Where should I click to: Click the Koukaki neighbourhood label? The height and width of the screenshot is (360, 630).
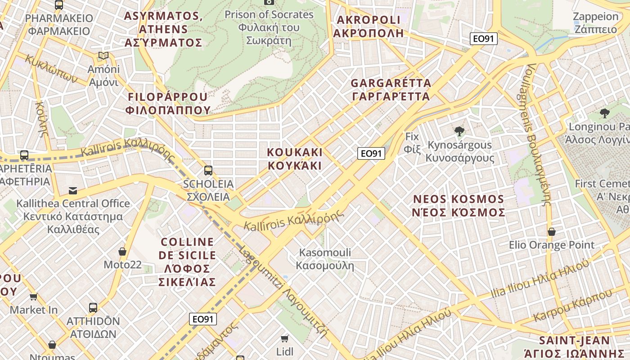pyautogui.click(x=295, y=158)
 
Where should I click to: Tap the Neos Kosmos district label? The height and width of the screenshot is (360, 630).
pyautogui.click(x=459, y=206)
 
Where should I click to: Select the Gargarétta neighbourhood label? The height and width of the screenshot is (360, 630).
pyautogui.click(x=391, y=90)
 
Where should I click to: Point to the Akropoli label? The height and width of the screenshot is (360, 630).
pyautogui.click(x=368, y=27)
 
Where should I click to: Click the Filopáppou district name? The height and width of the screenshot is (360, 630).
pyautogui.click(x=168, y=103)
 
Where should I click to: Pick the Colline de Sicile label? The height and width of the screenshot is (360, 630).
pyautogui.click(x=187, y=262)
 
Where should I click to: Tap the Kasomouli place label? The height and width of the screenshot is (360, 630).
pyautogui.click(x=325, y=259)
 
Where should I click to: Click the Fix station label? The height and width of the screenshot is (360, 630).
pyautogui.click(x=412, y=142)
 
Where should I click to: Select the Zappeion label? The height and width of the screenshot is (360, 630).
pyautogui.click(x=596, y=23)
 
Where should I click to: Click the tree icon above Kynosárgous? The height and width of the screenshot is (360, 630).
pyautogui.click(x=459, y=131)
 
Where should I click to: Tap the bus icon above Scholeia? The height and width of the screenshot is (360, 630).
pyautogui.click(x=208, y=170)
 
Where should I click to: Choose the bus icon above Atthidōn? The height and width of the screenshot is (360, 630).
pyautogui.click(x=93, y=308)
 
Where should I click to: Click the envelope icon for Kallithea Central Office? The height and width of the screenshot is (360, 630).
pyautogui.click(x=73, y=191)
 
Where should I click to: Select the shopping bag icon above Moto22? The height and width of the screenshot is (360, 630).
pyautogui.click(x=122, y=251)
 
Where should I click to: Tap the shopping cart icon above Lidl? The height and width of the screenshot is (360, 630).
pyautogui.click(x=284, y=338)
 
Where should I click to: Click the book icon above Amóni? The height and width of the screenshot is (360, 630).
pyautogui.click(x=103, y=56)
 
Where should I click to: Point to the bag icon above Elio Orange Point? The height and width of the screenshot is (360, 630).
pyautogui.click(x=551, y=232)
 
